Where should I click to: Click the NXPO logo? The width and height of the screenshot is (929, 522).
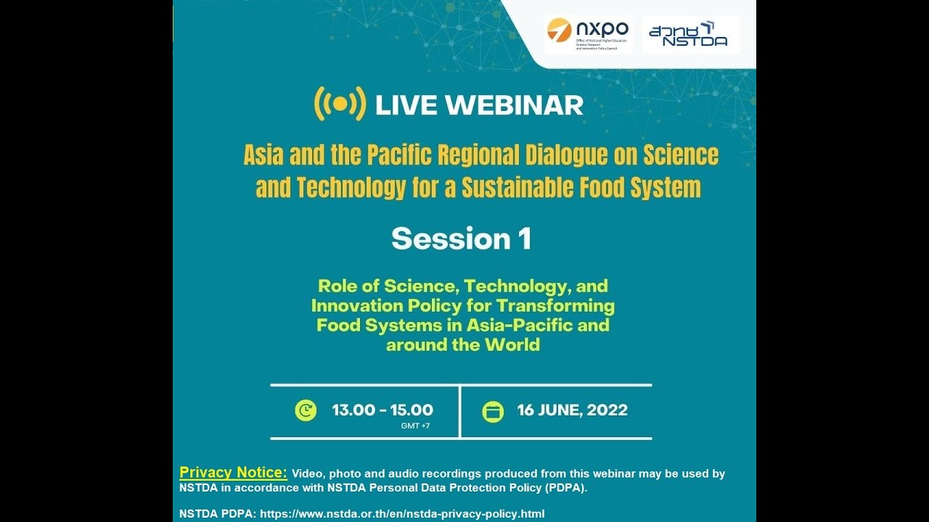588,34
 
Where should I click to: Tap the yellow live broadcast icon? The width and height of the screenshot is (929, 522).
339,104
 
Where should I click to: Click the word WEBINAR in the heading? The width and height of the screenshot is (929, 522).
514,105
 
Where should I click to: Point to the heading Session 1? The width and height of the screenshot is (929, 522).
462,239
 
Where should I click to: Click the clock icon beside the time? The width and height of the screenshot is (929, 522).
306,411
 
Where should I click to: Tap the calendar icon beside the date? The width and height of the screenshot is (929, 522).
493,411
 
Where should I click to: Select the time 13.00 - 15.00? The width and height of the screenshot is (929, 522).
382,410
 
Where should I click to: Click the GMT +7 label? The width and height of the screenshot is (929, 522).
415,426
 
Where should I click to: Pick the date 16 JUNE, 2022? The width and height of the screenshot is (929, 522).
572,410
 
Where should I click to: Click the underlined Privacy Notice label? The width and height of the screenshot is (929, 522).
233,473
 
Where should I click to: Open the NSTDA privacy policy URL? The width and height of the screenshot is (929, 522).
402,513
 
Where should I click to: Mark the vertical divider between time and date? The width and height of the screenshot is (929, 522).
460,411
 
